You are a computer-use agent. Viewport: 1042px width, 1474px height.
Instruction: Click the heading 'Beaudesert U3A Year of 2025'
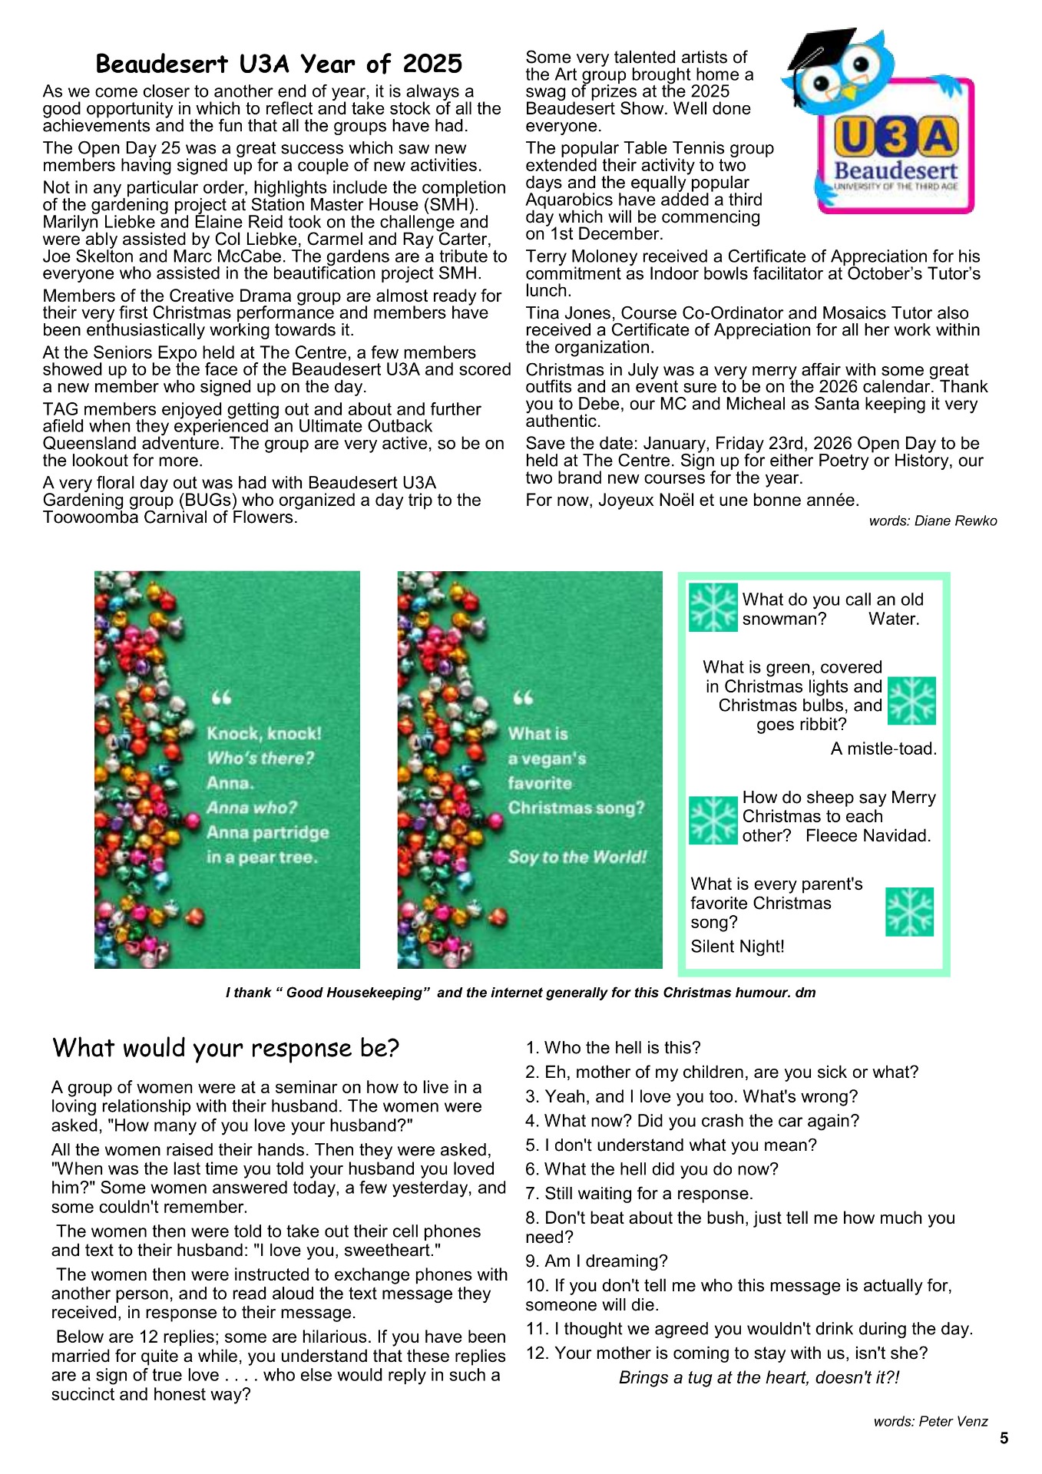(x=279, y=64)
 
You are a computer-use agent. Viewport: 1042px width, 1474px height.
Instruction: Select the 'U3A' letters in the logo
(x=895, y=138)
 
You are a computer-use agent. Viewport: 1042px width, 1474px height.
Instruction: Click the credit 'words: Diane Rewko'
(x=932, y=521)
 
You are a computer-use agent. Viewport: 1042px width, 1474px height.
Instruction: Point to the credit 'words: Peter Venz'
(x=930, y=1422)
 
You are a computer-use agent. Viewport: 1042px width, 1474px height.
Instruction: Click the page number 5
(x=1004, y=1439)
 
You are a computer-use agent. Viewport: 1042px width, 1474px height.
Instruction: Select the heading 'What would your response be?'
(x=226, y=1049)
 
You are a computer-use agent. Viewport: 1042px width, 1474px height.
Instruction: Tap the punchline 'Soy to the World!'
(x=577, y=858)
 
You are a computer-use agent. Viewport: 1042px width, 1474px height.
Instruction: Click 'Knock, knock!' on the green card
(x=264, y=734)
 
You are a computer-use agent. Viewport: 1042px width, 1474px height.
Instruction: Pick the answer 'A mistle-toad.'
(x=883, y=749)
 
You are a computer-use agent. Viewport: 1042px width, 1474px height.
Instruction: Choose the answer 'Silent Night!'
(x=737, y=947)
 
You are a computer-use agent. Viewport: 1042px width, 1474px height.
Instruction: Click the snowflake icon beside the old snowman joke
(x=713, y=608)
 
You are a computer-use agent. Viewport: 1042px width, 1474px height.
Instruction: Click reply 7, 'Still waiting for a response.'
(x=639, y=1194)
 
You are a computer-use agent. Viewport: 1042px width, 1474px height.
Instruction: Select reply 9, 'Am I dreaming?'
(x=597, y=1261)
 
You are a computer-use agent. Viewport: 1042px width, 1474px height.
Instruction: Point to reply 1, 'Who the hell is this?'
(x=613, y=1048)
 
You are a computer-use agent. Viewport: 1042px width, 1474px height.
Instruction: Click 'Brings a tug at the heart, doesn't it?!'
(x=759, y=1378)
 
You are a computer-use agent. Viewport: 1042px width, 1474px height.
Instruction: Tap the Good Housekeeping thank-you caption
(x=521, y=993)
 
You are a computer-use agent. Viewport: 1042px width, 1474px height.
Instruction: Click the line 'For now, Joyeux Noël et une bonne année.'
(x=692, y=501)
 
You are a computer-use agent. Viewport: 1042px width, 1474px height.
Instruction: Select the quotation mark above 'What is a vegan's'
(x=523, y=699)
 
